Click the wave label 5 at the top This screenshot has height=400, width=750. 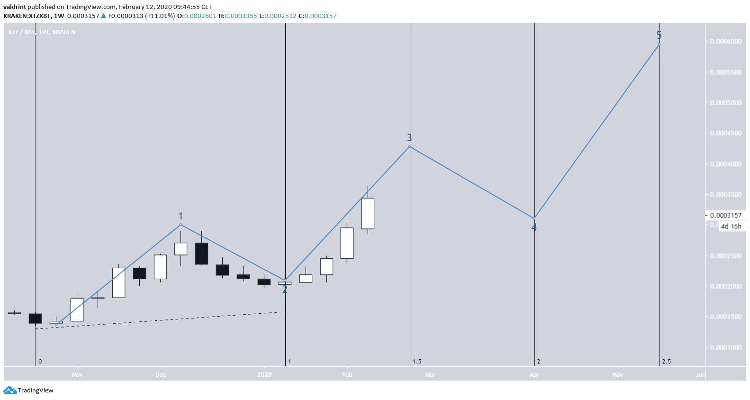coord(659,35)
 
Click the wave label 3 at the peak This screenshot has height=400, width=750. coord(409,137)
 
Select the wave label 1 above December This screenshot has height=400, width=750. coord(181,216)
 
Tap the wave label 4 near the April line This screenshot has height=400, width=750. coord(534,227)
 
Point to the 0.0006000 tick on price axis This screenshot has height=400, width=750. coord(725,41)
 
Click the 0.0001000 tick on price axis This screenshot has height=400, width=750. coord(725,347)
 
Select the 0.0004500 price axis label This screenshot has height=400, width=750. coord(725,133)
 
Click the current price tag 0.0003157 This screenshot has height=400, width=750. coord(725,215)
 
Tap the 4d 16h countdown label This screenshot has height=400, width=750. coord(731,226)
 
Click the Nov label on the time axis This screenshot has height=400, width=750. coord(77,374)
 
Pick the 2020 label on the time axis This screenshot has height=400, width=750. coord(264,374)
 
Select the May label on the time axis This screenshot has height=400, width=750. coord(617,374)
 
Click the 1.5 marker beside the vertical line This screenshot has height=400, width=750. coord(417,362)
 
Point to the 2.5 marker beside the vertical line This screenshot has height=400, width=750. coord(667,362)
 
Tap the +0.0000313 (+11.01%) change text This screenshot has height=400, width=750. coord(141,16)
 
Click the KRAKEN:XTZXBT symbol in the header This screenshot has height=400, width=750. coord(27,16)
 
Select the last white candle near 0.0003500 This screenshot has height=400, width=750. coord(368,213)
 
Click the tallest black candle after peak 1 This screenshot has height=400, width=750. coord(201,254)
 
